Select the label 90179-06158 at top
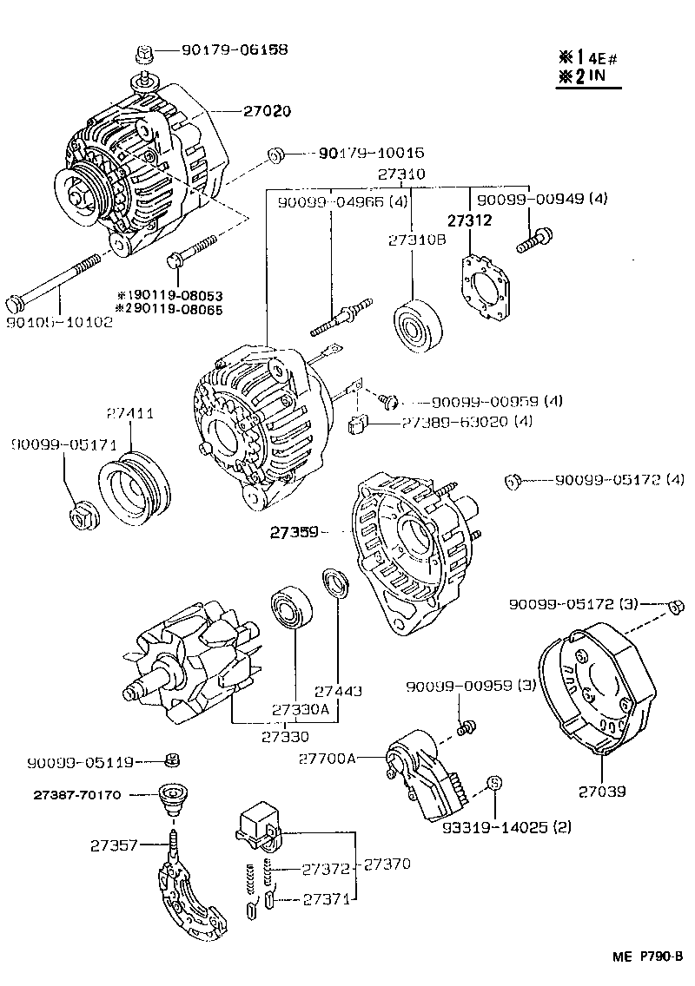(235, 49)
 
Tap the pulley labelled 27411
(131, 492)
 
